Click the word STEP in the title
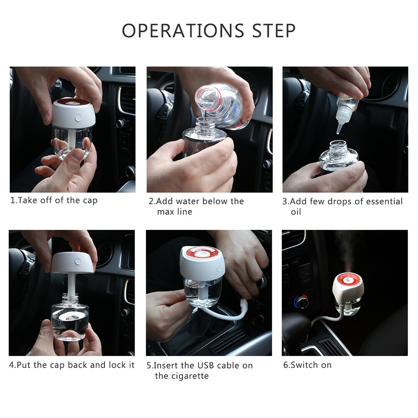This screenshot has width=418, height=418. [x=274, y=31]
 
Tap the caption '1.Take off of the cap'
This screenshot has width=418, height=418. [x=54, y=200]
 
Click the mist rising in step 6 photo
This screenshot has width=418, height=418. [x=346, y=251]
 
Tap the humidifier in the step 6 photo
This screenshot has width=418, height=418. [x=347, y=293]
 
